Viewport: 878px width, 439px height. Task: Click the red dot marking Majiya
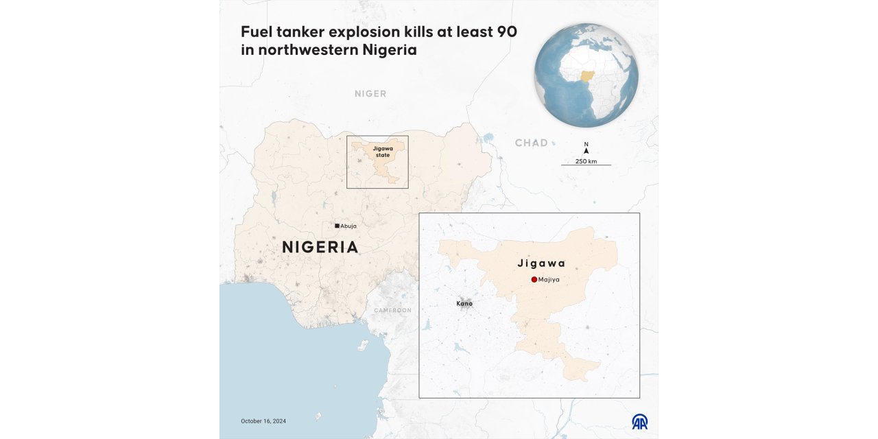click(x=534, y=279)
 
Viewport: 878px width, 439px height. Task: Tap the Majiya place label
click(x=549, y=280)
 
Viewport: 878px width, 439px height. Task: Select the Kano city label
click(x=464, y=303)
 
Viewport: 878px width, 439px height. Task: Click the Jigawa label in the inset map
click(x=541, y=263)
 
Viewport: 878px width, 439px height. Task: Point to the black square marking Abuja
click(x=337, y=226)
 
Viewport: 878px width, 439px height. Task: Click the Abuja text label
click(x=348, y=226)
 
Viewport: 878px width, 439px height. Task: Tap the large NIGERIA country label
click(x=320, y=247)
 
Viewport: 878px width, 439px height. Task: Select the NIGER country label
click(x=370, y=93)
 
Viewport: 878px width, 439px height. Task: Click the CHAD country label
click(x=532, y=143)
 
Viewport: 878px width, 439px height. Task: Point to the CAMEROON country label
click(x=392, y=311)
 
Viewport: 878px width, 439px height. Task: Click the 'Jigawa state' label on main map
click(x=382, y=152)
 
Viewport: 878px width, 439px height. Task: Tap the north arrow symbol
click(x=586, y=150)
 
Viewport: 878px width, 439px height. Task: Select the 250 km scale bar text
click(x=586, y=161)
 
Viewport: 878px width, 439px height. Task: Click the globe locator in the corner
click(x=586, y=75)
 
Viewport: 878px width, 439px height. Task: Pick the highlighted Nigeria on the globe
click(x=589, y=76)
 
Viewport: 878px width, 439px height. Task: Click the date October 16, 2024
click(x=263, y=420)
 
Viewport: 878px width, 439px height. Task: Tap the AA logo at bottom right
click(x=639, y=421)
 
